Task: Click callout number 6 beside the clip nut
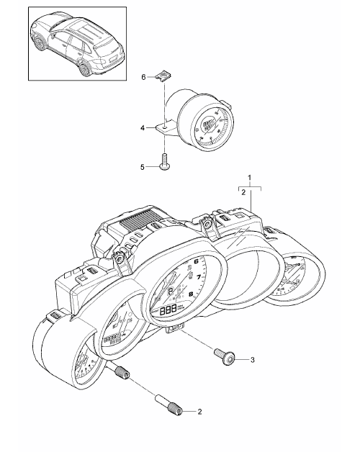143,77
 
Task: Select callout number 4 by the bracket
143,127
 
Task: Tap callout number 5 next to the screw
143,167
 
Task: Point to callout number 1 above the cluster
250,177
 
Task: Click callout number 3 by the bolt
253,360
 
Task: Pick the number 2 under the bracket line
243,192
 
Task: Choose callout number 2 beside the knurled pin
199,412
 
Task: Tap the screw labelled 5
165,161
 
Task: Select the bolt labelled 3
225,356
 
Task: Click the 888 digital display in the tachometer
168,311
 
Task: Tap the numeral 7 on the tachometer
199,277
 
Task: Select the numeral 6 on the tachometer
197,262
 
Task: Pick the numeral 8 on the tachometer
191,294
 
